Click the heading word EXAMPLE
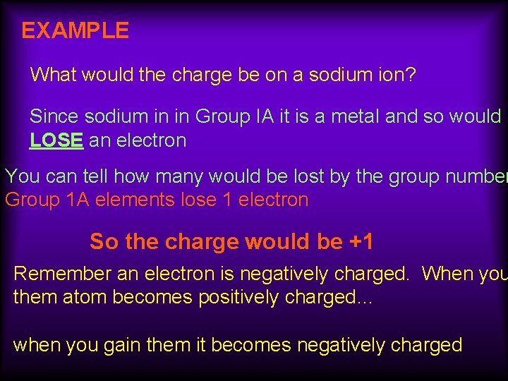coord(75,30)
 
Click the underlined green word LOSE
coord(56,140)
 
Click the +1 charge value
coord(361,242)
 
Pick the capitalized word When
coord(449,273)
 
